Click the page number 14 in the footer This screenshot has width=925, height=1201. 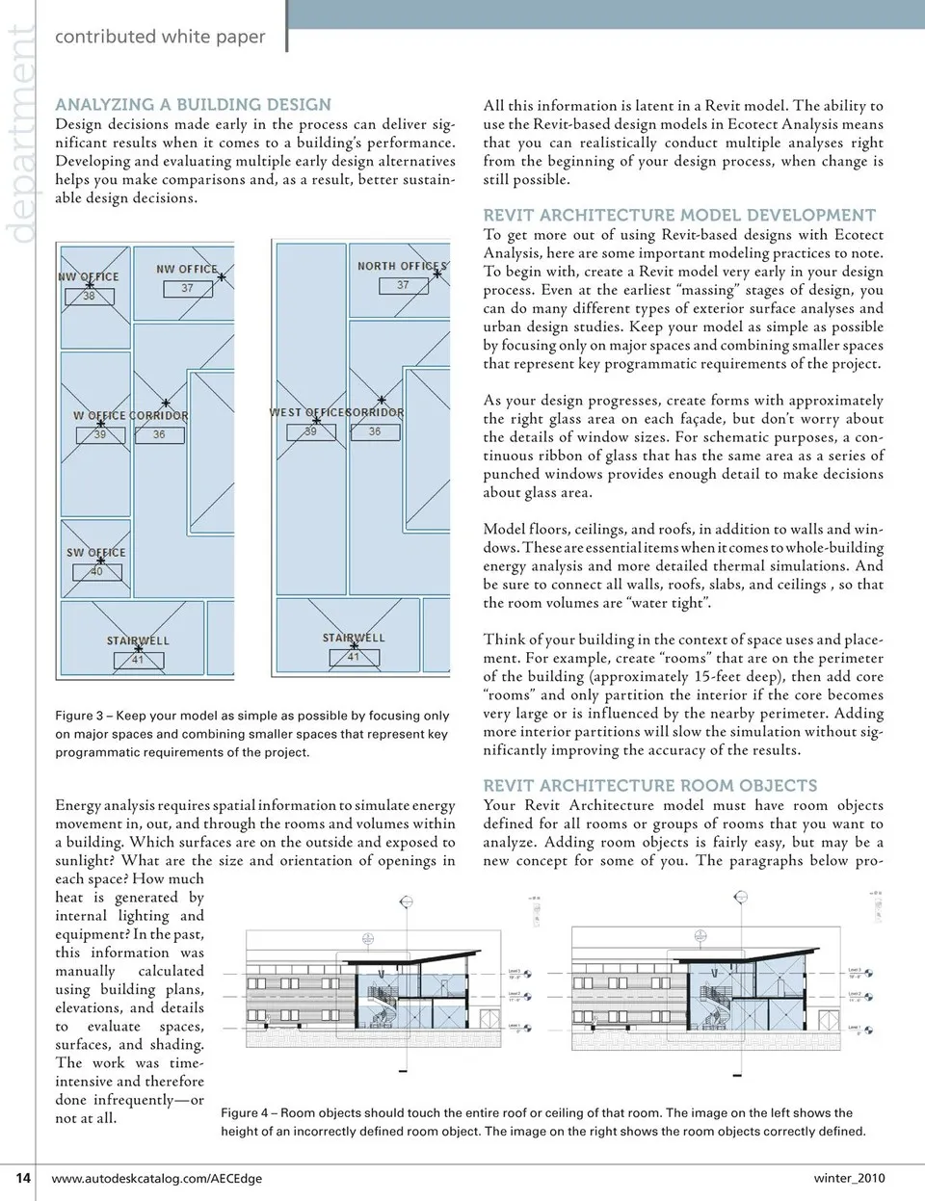pos(23,1177)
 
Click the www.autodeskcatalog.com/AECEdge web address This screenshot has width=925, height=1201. pos(156,1178)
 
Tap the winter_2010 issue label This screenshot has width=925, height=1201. pos(849,1178)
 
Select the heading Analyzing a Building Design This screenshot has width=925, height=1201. pos(193,105)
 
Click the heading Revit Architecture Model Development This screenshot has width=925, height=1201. pos(679,216)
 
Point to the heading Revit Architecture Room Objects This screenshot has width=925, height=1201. pos(649,786)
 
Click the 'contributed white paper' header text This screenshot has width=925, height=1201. pos(160,37)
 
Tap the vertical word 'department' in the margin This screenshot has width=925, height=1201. pos(19,135)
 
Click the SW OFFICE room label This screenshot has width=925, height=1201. pos(95,553)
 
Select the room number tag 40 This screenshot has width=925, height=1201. pos(95,571)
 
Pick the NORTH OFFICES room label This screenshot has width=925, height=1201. pos(402,266)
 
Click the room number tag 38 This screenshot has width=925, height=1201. pos(89,296)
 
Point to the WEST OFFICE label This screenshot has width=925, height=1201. pos(305,412)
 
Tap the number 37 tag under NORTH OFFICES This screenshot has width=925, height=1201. pos(403,285)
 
